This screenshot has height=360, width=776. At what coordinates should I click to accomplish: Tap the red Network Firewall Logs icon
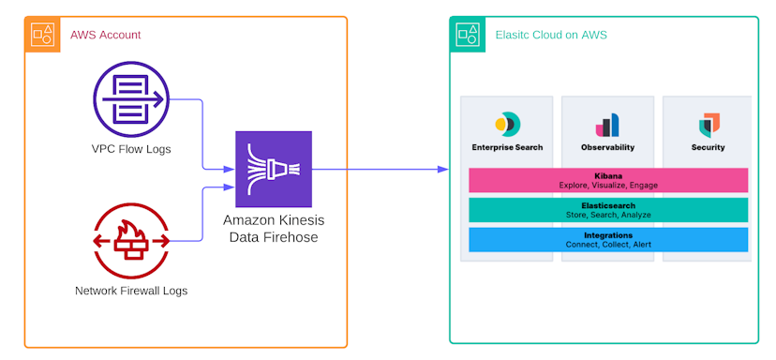(x=131, y=240)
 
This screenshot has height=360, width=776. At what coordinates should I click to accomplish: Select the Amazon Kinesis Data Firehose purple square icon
(x=274, y=170)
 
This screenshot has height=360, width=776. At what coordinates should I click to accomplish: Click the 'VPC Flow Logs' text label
(x=131, y=149)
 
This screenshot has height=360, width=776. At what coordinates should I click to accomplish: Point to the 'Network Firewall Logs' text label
(x=131, y=291)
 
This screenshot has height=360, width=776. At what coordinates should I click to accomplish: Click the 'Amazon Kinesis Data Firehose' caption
(x=274, y=228)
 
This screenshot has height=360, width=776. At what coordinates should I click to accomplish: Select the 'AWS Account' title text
(x=105, y=35)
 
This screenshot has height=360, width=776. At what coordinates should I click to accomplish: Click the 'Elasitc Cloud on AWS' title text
(x=550, y=36)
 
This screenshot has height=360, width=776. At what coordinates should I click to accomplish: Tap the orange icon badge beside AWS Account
(x=43, y=35)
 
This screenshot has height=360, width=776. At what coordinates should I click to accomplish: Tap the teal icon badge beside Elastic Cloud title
(x=468, y=35)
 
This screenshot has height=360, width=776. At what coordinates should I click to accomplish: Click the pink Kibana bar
(x=607, y=180)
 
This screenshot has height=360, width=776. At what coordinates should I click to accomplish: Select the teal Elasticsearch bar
(x=607, y=210)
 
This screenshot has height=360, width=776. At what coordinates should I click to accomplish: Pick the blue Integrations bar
(x=607, y=240)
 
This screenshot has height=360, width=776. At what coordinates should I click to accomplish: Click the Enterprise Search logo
(x=507, y=124)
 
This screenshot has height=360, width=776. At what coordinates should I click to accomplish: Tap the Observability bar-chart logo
(x=607, y=125)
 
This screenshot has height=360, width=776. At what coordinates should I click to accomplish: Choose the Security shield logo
(x=709, y=125)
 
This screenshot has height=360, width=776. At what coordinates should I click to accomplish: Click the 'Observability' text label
(x=607, y=147)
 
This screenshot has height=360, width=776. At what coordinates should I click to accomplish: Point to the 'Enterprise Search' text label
(x=507, y=147)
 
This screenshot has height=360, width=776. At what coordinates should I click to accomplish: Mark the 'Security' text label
(x=709, y=147)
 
